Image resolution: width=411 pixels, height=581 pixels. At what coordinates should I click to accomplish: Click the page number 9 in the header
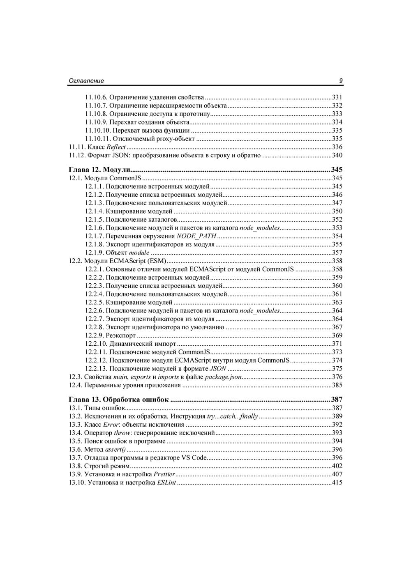(x=341, y=81)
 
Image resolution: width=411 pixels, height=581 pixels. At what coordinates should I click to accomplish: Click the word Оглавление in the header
(x=86, y=81)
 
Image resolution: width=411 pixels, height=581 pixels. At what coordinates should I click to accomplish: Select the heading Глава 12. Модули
(x=99, y=170)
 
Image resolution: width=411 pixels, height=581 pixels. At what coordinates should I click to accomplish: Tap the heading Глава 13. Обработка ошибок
(x=119, y=400)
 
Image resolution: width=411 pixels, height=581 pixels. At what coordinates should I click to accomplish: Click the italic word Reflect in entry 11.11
(x=116, y=147)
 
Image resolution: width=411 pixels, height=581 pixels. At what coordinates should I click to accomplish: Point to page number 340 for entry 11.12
(x=337, y=155)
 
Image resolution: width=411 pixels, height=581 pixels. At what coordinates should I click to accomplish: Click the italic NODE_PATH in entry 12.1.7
(x=196, y=236)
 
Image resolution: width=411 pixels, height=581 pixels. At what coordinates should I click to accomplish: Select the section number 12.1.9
(x=95, y=253)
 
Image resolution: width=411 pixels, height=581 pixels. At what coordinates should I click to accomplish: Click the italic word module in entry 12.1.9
(x=139, y=253)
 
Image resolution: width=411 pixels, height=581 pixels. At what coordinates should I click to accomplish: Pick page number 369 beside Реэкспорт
(x=337, y=335)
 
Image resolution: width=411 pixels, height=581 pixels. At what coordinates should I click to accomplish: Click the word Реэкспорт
(x=120, y=335)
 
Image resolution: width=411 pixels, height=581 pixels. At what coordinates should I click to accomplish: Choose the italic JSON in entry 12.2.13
(x=218, y=368)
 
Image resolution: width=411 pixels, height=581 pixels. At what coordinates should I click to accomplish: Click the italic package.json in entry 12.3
(x=223, y=377)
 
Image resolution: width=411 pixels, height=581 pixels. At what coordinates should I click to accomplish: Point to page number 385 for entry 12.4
(x=337, y=385)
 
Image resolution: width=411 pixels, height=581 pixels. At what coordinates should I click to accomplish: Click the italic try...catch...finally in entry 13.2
(x=233, y=416)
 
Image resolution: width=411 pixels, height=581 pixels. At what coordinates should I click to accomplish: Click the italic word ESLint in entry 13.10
(x=166, y=482)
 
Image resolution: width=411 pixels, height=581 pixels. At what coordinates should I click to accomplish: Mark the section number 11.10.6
(x=96, y=97)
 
